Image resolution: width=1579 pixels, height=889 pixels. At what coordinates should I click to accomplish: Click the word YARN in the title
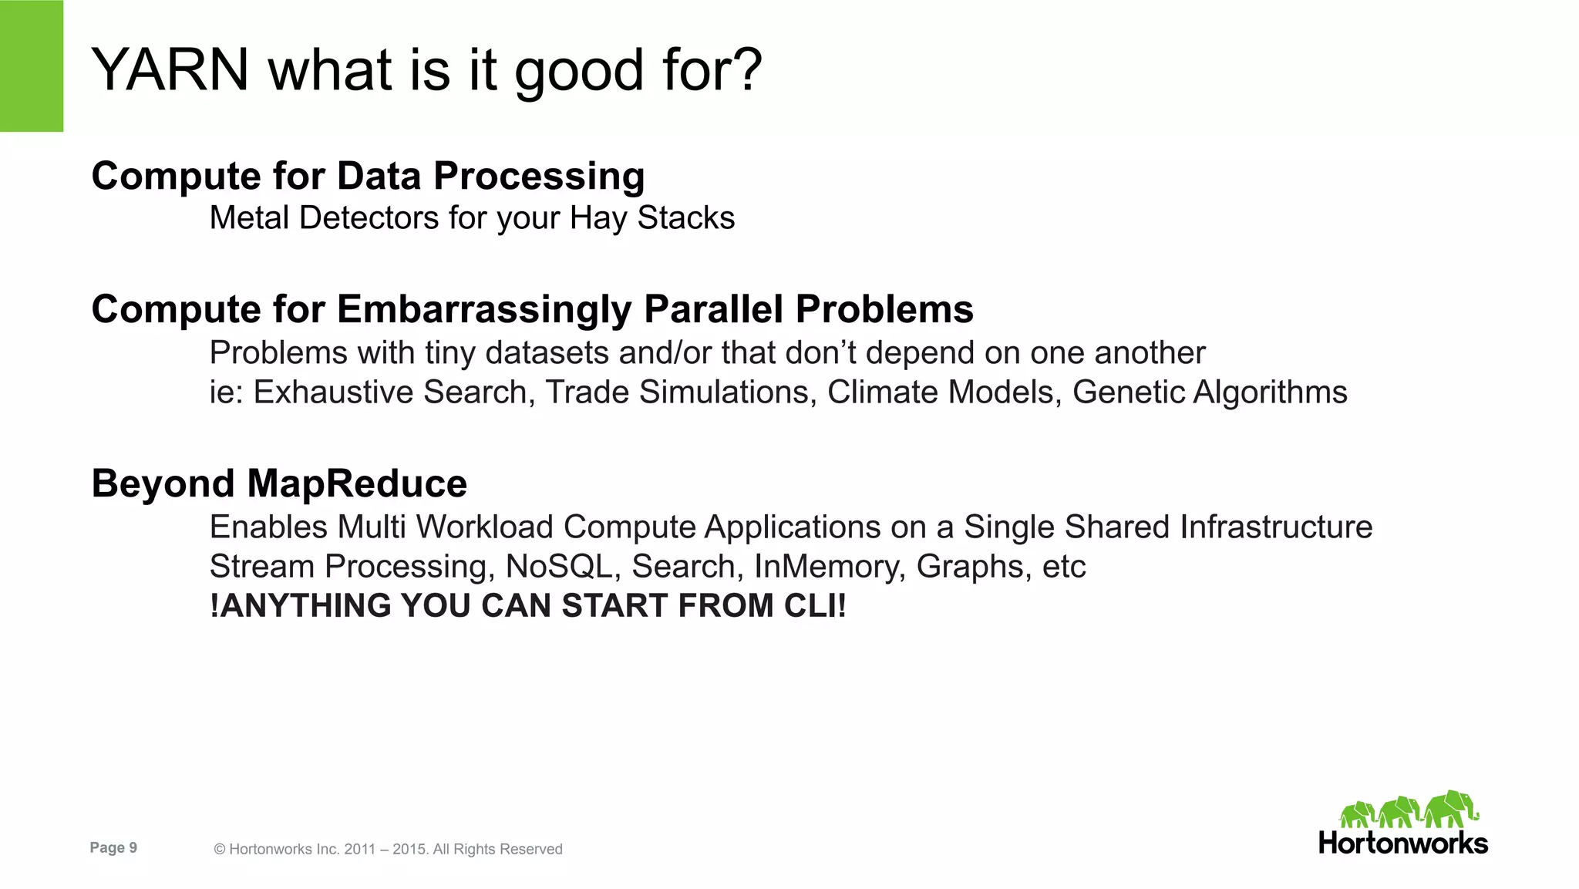[x=170, y=70]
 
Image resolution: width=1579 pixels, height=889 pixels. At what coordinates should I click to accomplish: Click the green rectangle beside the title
[x=31, y=66]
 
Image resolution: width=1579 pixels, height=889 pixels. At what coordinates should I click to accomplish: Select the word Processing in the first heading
[x=539, y=177]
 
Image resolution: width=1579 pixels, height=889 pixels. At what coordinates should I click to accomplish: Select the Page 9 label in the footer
[x=113, y=848]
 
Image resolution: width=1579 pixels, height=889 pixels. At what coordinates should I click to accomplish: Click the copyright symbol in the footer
[x=220, y=850]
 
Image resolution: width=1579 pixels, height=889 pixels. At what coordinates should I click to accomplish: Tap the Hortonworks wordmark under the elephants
[x=1402, y=843]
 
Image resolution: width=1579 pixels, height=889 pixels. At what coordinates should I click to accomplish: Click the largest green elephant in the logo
[x=1449, y=810]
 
